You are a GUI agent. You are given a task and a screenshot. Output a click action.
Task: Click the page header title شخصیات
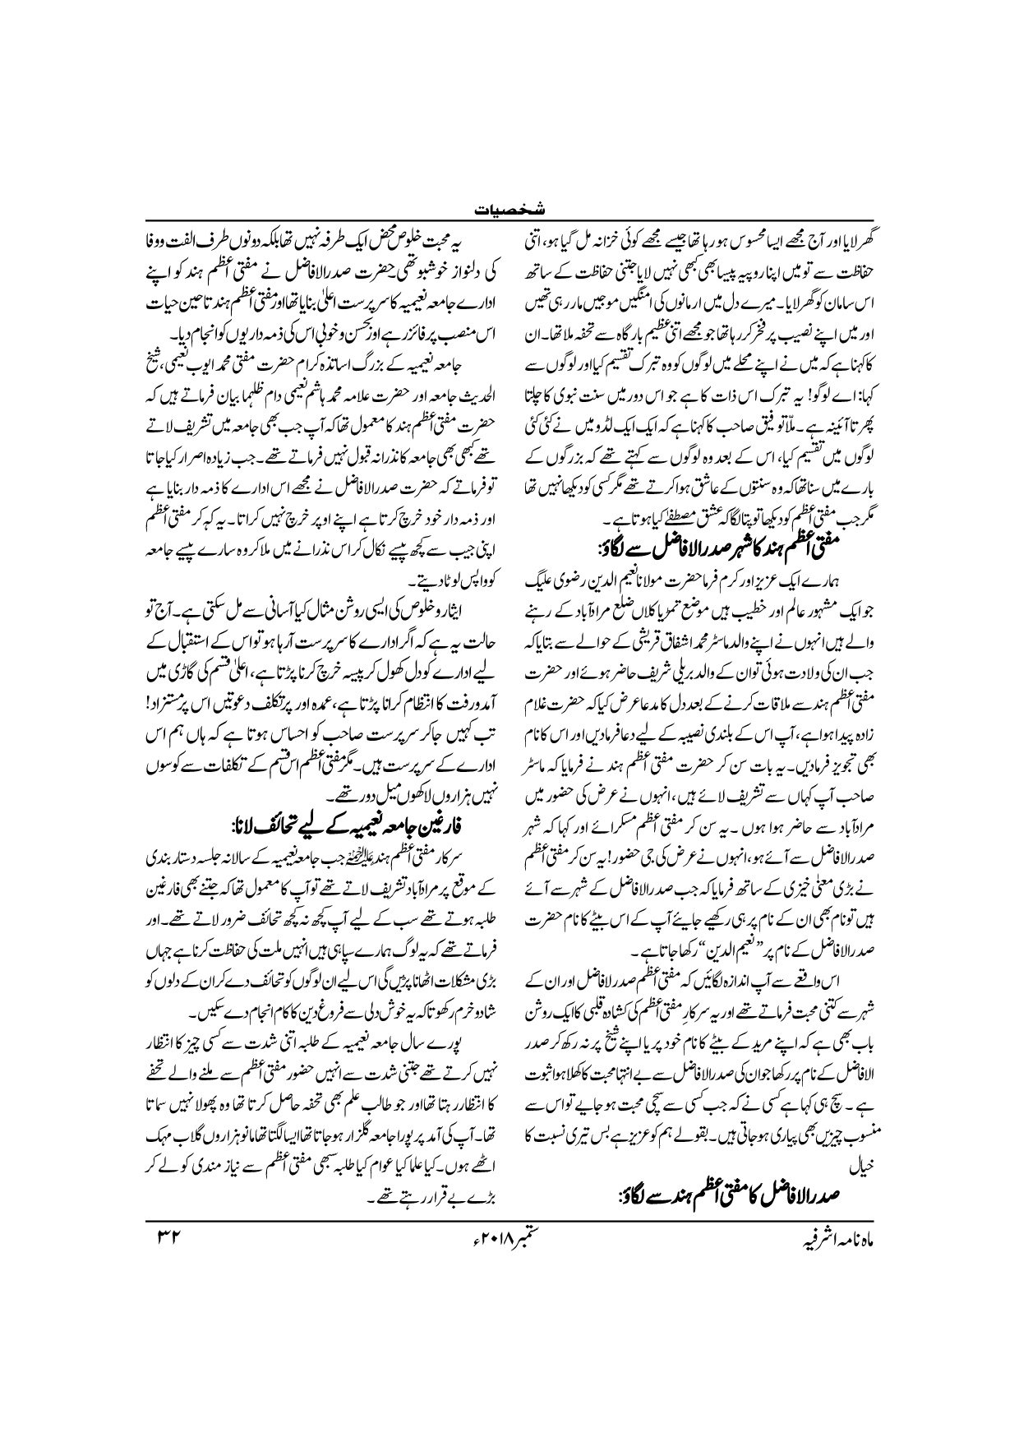pyautogui.click(x=509, y=211)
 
